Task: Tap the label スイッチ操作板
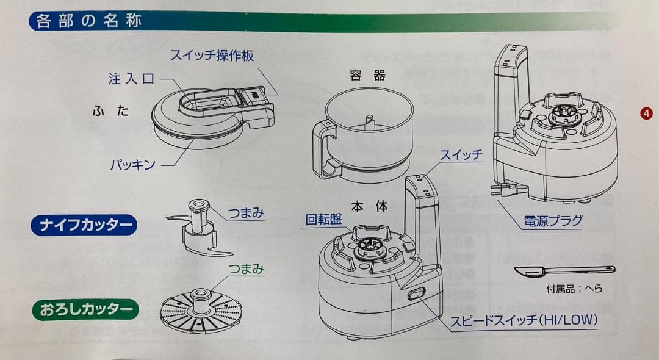[x=212, y=56]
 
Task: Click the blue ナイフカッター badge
[x=84, y=225]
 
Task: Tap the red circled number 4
[x=645, y=112]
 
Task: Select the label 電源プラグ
[x=553, y=220]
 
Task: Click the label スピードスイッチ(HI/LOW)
[x=524, y=320]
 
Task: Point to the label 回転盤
[x=323, y=219]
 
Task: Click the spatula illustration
[x=563, y=270]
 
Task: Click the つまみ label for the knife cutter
[x=246, y=213]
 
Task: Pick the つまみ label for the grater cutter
[x=246, y=268]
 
